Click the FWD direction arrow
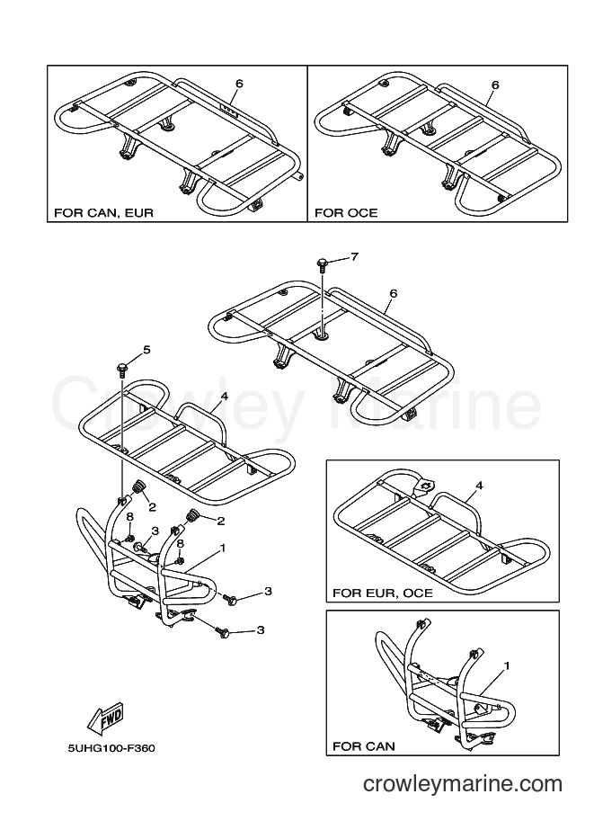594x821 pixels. [105, 716]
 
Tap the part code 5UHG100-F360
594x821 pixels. [111, 748]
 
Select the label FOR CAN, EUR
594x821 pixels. [103, 213]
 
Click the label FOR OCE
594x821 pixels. [346, 213]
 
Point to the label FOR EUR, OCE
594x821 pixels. [383, 593]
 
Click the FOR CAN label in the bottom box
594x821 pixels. [364, 746]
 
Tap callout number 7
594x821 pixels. [355, 257]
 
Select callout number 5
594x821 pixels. [146, 350]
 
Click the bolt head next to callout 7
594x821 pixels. [323, 263]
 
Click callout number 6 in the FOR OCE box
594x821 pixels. [495, 85]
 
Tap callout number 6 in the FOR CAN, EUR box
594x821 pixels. [239, 84]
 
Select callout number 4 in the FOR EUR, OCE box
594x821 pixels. [479, 486]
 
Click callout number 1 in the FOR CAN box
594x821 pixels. [506, 666]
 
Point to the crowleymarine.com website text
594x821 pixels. [463, 784]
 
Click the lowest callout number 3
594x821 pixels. [260, 629]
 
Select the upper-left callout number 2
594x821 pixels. [152, 507]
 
